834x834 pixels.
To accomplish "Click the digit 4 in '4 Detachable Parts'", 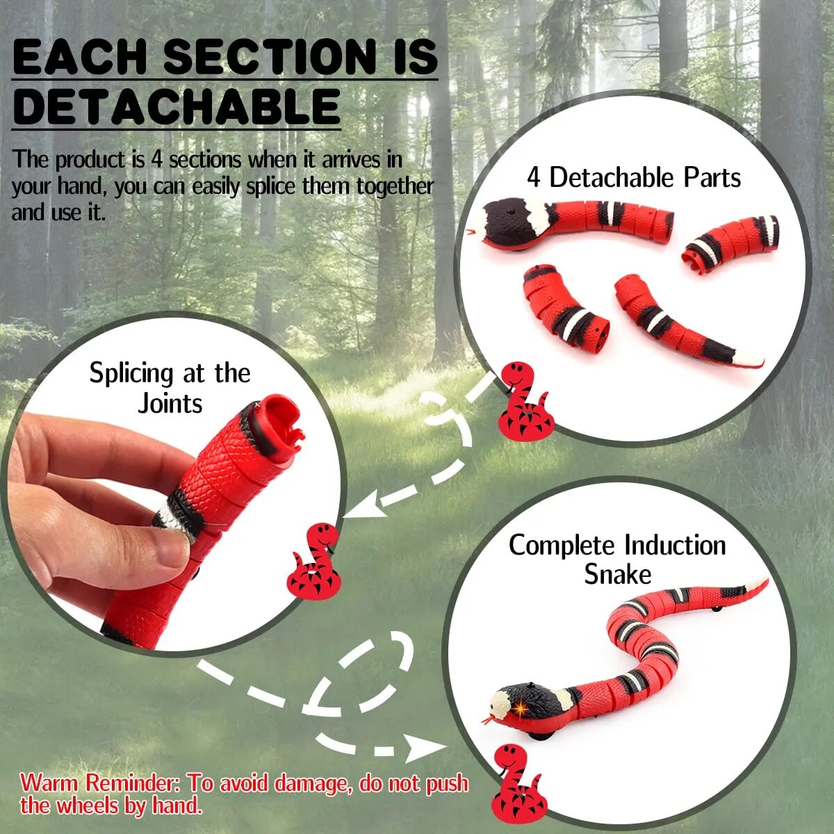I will [533, 178].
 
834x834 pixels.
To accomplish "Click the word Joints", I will [170, 404].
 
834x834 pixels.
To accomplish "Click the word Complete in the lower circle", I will [562, 546].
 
